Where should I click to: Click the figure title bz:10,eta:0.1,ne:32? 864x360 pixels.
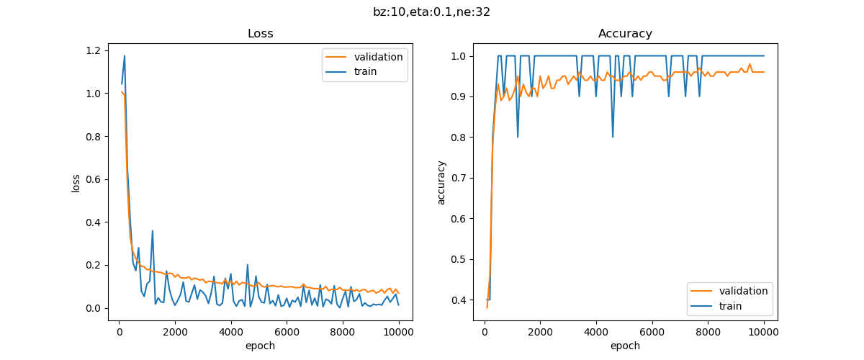pyautogui.click(x=431, y=12)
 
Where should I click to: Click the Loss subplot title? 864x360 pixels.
pyautogui.click(x=260, y=34)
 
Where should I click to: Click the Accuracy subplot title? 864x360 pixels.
pyautogui.click(x=625, y=34)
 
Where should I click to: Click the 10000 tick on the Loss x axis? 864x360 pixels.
pyautogui.click(x=398, y=332)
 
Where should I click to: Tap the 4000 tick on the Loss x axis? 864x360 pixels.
pyautogui.click(x=231, y=332)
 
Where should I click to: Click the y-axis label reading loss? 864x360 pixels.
pyautogui.click(x=76, y=182)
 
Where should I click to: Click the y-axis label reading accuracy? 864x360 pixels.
pyautogui.click(x=441, y=182)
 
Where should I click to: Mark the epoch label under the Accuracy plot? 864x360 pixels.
pyautogui.click(x=625, y=346)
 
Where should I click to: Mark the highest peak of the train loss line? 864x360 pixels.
pyautogui.click(x=125, y=56)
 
